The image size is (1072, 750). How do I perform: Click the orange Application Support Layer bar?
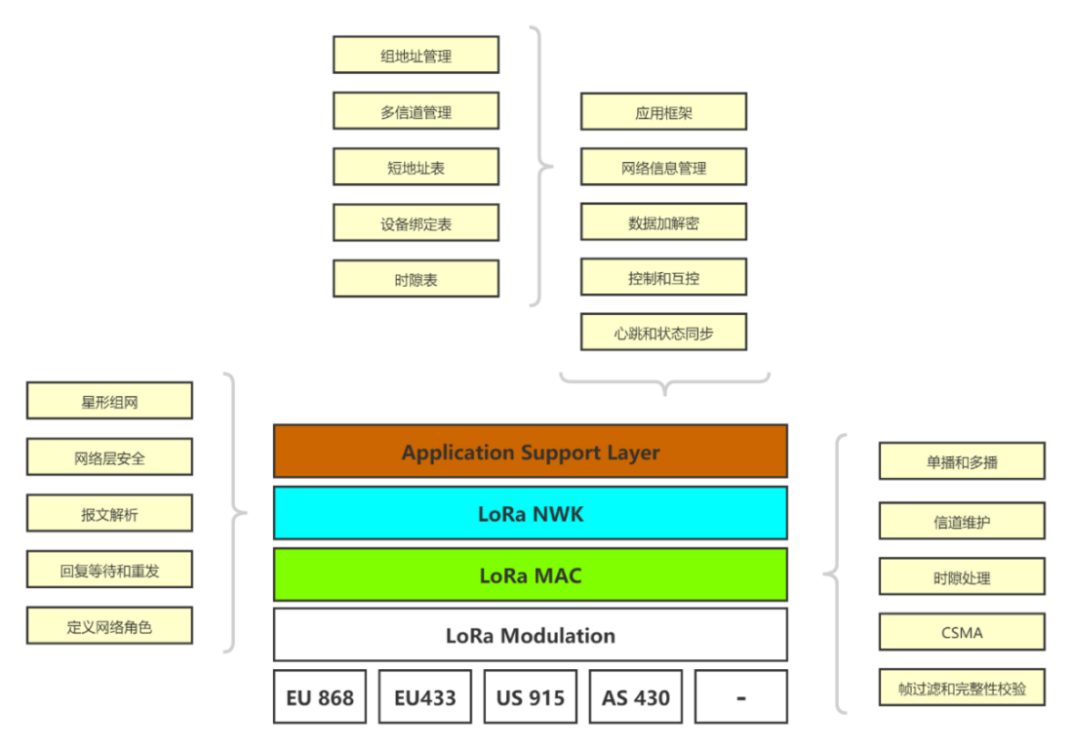click(x=530, y=452)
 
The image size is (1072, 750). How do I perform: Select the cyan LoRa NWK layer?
click(x=530, y=513)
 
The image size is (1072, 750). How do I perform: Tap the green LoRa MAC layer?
click(x=530, y=575)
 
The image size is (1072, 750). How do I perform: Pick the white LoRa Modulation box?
click(x=530, y=636)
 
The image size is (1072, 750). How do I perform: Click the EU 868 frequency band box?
click(x=320, y=697)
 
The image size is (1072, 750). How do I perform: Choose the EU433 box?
click(x=425, y=697)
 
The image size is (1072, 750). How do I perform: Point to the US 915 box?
click(x=531, y=697)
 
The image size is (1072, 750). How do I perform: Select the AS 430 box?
click(x=636, y=697)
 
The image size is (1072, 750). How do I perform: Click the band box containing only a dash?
click(x=741, y=697)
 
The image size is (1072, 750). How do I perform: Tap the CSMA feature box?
click(x=962, y=633)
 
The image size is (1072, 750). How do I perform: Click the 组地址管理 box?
click(x=416, y=56)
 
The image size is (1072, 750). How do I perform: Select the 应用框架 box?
click(x=663, y=112)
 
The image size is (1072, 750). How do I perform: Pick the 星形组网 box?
click(x=109, y=401)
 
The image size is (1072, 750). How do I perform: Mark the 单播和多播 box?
click(x=962, y=461)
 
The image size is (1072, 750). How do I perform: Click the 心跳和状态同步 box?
click(x=663, y=333)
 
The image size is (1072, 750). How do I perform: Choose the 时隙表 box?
click(x=416, y=279)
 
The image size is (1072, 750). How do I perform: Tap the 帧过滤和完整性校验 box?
click(x=962, y=689)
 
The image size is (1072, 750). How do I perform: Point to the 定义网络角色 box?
click(x=109, y=626)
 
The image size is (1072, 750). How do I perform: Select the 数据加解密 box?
click(x=663, y=222)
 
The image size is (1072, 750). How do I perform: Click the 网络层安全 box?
click(x=109, y=456)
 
